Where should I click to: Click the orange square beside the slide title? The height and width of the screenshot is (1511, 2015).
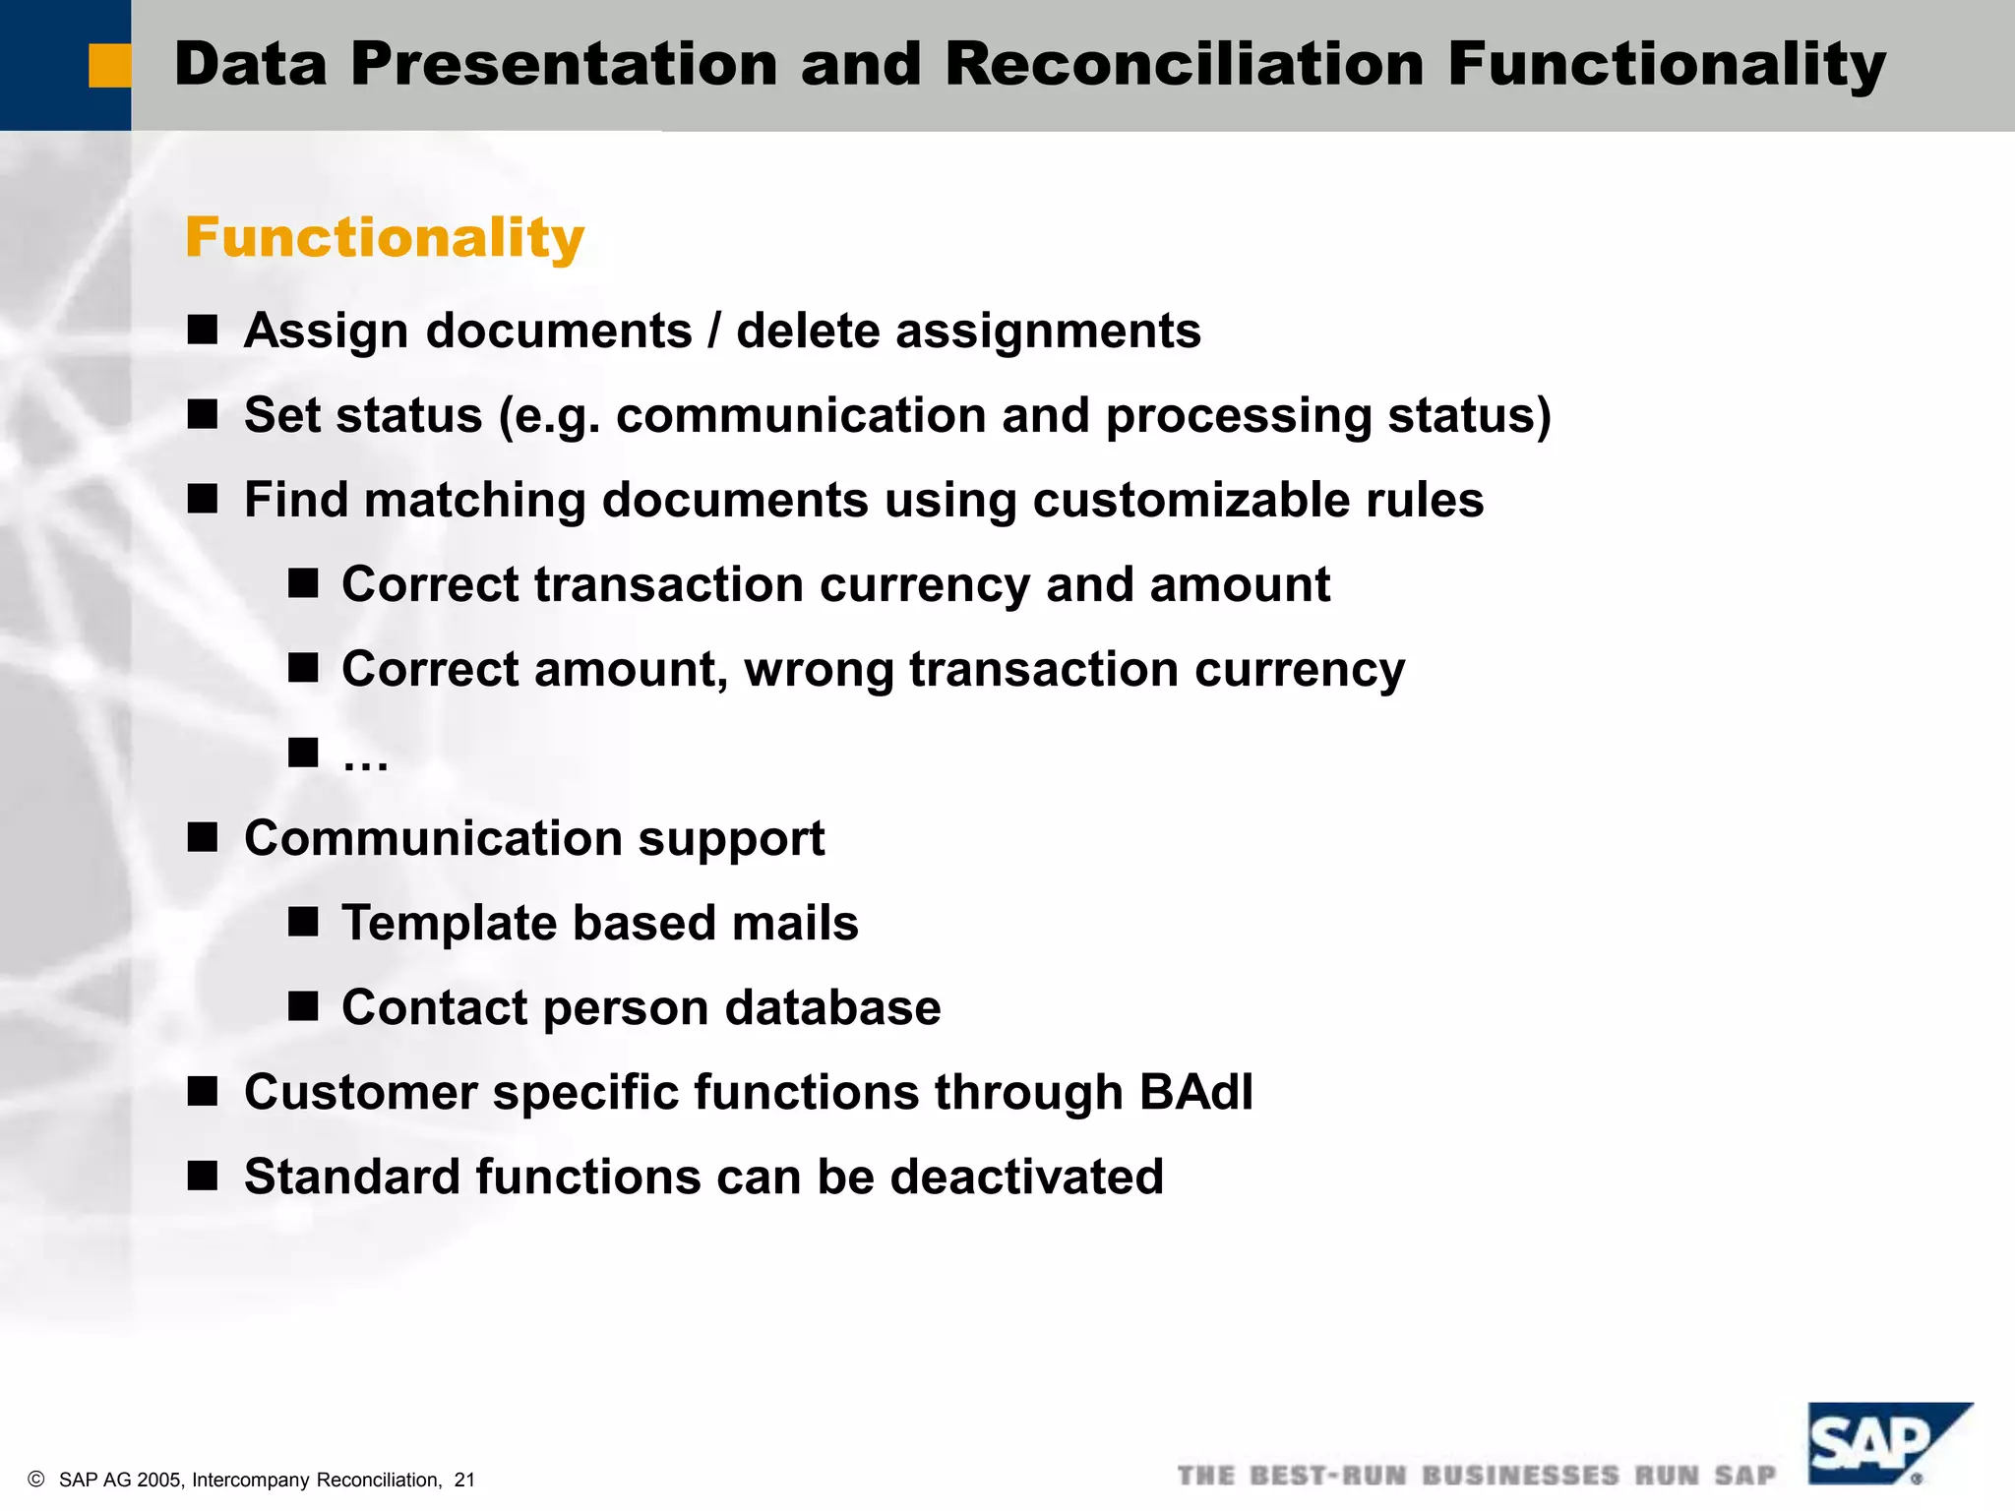coord(109,66)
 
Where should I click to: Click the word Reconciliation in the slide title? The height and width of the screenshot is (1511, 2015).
coord(1185,65)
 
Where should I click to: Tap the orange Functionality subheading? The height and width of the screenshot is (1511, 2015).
coord(385,238)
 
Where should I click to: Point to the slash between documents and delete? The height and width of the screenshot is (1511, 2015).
coord(714,331)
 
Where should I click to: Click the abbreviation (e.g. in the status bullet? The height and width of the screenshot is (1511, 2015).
coord(550,416)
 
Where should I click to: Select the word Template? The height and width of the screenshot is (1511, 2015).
coord(448,924)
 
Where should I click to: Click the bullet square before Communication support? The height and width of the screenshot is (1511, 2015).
coord(203,838)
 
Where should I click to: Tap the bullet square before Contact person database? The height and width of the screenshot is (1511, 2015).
coord(303,1007)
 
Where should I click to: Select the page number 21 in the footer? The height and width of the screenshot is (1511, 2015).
coord(464,1481)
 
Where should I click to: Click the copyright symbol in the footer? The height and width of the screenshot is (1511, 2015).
coord(36,1480)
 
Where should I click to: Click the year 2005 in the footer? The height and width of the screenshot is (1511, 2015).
coord(159,1481)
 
